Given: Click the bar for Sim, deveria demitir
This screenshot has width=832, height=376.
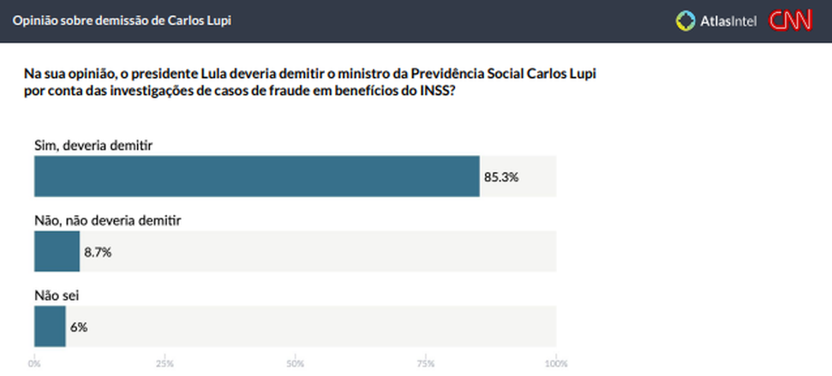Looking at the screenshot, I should [x=256, y=176].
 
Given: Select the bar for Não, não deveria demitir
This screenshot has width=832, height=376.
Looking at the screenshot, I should [x=57, y=252].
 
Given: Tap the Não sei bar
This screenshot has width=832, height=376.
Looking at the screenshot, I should [x=50, y=326].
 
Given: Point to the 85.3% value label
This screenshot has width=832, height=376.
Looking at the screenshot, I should [x=501, y=177].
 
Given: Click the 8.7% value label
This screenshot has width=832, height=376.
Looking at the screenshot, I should [x=98, y=252].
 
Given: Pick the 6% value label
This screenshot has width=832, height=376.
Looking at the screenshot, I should [x=79, y=326].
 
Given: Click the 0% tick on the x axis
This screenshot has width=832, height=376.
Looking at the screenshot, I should [x=34, y=363].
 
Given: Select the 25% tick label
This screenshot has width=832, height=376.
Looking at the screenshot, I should [x=165, y=363].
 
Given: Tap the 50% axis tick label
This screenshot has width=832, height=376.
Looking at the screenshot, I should [x=296, y=363].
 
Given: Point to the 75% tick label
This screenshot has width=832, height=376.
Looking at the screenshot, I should [x=426, y=363].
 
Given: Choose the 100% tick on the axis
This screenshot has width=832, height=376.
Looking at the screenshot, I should [x=555, y=363].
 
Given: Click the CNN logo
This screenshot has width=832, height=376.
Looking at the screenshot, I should [x=789, y=21].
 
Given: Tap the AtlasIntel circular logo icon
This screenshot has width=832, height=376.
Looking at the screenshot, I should [x=685, y=21].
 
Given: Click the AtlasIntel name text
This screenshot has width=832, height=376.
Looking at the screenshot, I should [x=728, y=21].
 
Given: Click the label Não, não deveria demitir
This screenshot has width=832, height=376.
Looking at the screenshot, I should [x=108, y=220].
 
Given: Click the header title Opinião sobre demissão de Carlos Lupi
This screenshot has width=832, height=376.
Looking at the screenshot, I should [x=122, y=21].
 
